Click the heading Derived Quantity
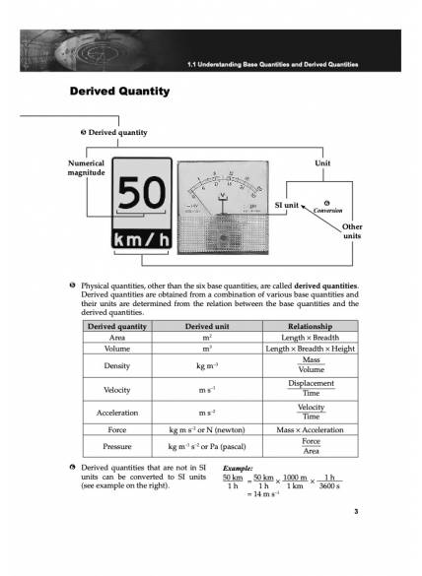coord(119,92)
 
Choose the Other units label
coord(351,231)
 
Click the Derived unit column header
coord(207,325)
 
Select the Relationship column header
coord(310,325)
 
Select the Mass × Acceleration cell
coord(310,430)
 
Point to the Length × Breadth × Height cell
coord(310,349)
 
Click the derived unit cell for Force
coord(207,430)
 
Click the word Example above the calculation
coord(240,469)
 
